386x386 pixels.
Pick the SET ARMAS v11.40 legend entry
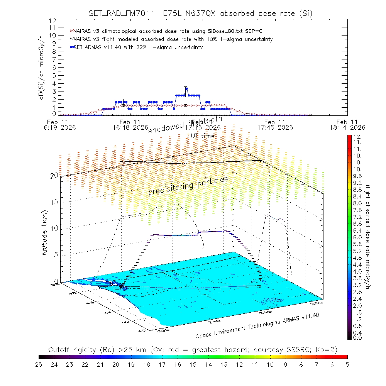[x=137, y=47]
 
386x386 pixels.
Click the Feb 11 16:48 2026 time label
[x=131, y=124]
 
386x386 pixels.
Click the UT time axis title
[x=203, y=136]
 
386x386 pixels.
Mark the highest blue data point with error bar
[x=186, y=89]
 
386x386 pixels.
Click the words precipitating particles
[x=188, y=186]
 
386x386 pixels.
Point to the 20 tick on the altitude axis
[x=54, y=175]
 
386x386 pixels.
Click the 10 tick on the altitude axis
[x=54, y=228]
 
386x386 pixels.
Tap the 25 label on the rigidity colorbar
[x=39, y=364]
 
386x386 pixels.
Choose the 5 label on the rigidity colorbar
[x=347, y=364]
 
